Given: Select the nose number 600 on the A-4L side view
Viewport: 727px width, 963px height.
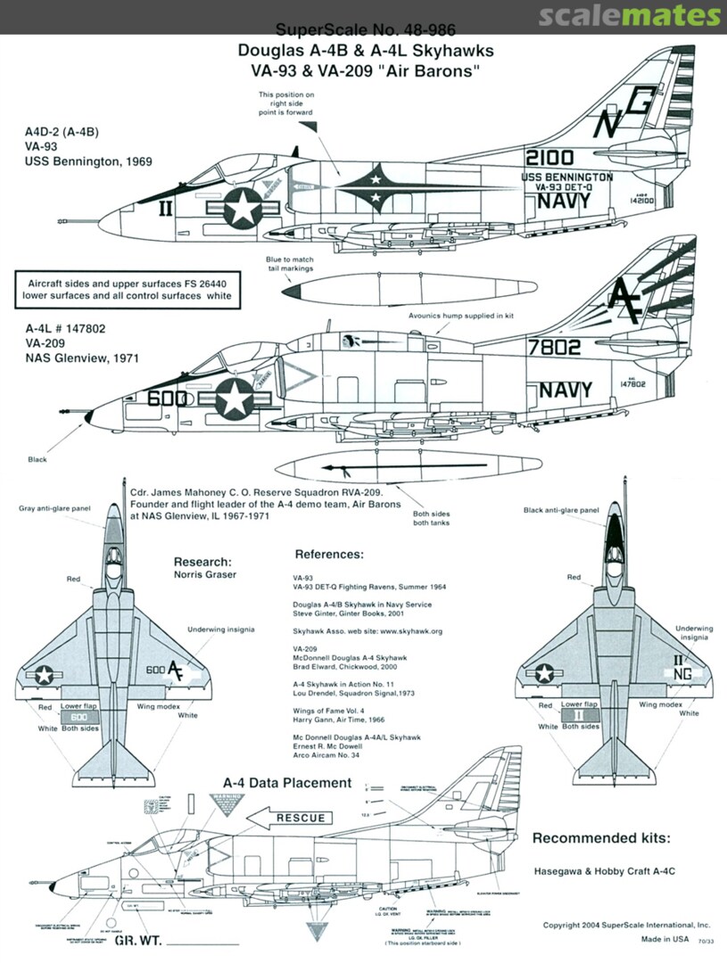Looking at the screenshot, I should (167, 399).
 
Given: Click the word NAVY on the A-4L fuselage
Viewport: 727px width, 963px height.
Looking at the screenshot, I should (564, 391).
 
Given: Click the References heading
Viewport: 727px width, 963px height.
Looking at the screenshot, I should (329, 554).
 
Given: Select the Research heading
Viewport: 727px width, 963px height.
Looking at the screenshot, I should (203, 562).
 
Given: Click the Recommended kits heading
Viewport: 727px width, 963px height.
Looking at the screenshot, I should (601, 838).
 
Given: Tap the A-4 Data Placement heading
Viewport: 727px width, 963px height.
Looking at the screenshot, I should (286, 783).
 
